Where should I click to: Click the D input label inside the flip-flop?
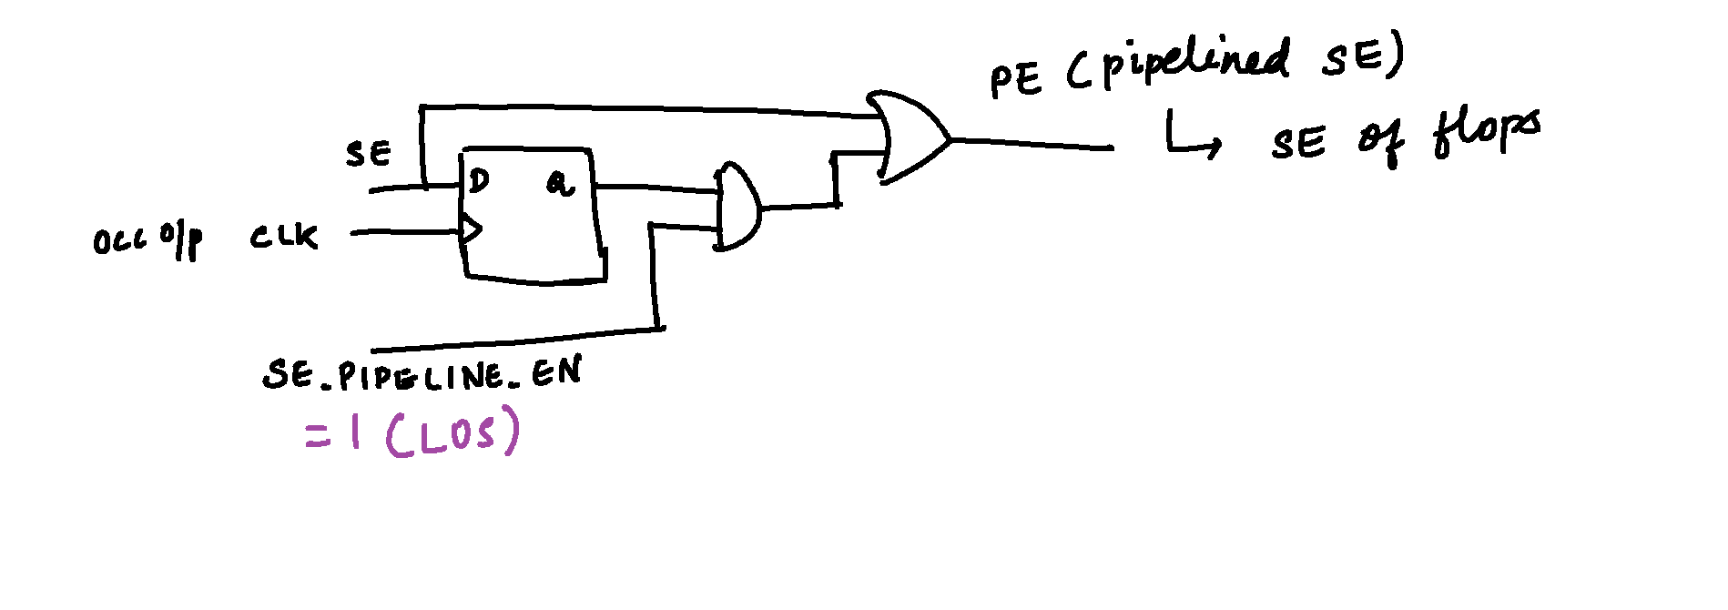pos(479,180)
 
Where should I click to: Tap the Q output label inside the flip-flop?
pos(560,184)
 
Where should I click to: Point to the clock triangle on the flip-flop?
pos(470,230)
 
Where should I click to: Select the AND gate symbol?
pos(738,207)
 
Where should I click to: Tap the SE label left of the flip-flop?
pos(369,153)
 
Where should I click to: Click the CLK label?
pos(284,237)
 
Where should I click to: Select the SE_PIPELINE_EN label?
pos(422,374)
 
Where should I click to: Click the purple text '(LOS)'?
pos(453,432)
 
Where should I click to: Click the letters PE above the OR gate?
pos(1015,80)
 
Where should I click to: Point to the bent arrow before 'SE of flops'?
pos(1191,138)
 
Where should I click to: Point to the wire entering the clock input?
pos(406,232)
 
